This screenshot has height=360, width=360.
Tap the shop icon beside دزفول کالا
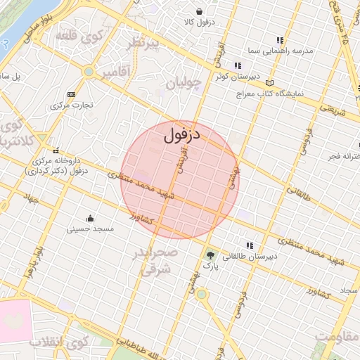coord(200,11)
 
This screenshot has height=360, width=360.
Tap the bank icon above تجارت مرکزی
coord(71,94)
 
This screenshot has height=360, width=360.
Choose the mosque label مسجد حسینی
coord(90,229)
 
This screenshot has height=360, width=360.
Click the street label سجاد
coord(348,290)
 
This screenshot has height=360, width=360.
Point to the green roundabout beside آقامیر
coord(89,72)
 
